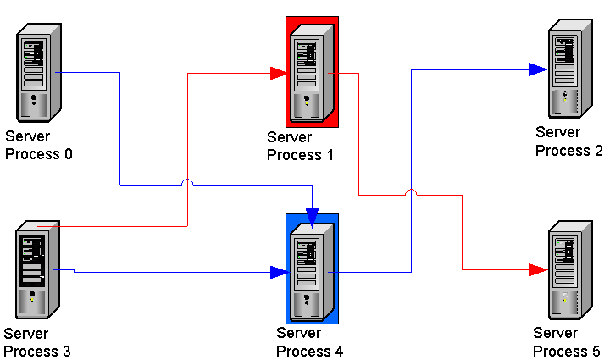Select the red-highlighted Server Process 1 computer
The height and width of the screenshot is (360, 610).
[x=312, y=72]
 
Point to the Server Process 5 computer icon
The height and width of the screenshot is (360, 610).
[x=568, y=269]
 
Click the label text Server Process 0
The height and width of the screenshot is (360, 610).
[x=39, y=146]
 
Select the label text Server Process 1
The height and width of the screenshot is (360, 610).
[x=301, y=147]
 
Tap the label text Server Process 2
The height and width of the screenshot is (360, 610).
[x=568, y=141]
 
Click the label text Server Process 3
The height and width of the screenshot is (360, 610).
[x=37, y=343]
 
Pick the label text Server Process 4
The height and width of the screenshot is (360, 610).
[x=309, y=342]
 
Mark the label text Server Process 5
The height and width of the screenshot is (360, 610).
[x=566, y=342]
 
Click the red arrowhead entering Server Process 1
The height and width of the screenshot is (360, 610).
[x=278, y=74]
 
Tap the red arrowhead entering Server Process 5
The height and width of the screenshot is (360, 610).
[x=536, y=269]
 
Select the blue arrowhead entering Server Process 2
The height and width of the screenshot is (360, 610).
[x=536, y=69]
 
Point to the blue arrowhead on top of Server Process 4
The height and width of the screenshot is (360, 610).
[x=313, y=219]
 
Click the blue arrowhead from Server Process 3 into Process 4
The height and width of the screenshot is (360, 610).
[x=278, y=272]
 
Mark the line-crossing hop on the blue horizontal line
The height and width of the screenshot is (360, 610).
[x=186, y=182]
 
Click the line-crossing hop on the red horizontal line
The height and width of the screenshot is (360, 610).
[x=411, y=193]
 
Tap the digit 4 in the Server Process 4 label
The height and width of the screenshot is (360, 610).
[x=338, y=352]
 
